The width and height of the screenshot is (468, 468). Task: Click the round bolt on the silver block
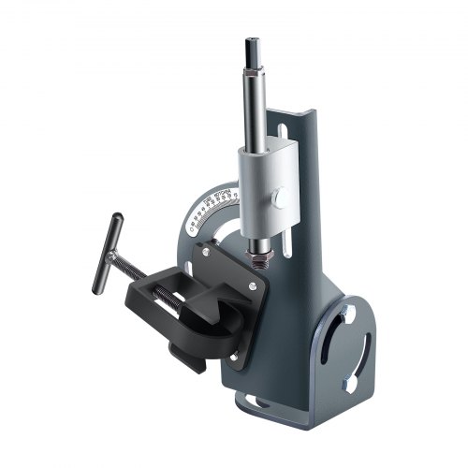(x=278, y=198)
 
